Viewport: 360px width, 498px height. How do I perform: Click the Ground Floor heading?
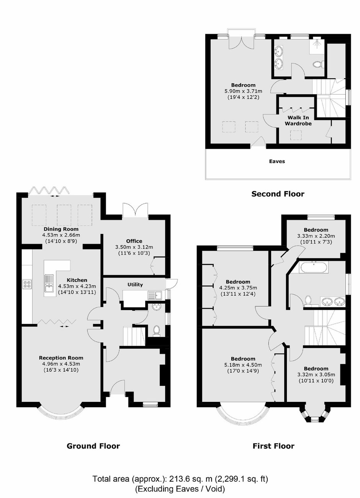(x=93, y=446)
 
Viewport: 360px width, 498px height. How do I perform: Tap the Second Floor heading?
(x=278, y=194)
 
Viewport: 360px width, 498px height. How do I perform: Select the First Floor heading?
(x=273, y=446)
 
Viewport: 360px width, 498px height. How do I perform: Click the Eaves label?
(x=277, y=162)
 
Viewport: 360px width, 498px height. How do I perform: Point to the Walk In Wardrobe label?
(x=298, y=121)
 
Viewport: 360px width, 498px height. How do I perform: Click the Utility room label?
(x=135, y=285)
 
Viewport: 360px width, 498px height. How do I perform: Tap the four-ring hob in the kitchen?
(x=27, y=284)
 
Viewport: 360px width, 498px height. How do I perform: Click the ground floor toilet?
(x=157, y=330)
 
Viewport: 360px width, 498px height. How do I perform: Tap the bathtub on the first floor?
(x=314, y=268)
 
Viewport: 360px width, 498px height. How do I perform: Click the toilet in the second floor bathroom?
(x=318, y=64)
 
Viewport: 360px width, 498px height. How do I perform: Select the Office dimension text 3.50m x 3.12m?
(x=134, y=247)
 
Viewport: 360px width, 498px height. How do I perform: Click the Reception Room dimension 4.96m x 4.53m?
(x=61, y=364)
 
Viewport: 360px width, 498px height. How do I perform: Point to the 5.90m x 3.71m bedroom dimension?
(x=243, y=91)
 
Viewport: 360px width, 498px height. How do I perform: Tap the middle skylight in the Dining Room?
(x=64, y=215)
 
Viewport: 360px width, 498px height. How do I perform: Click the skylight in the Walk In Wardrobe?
(x=296, y=136)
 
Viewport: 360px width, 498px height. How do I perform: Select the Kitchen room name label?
(x=77, y=280)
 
